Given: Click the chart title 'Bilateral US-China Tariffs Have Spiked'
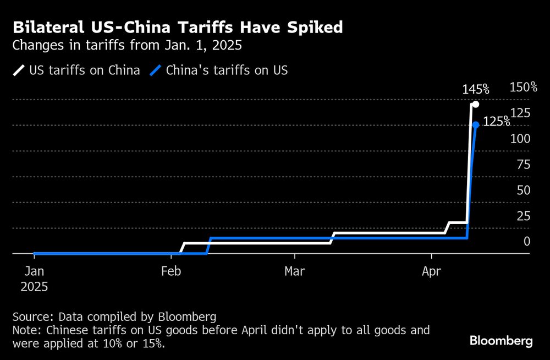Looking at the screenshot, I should coord(179,27).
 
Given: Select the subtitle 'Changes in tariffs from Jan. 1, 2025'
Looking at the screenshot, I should coord(127,46).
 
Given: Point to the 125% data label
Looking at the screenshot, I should coord(496,122).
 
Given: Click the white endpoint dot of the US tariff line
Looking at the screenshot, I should coord(476,105).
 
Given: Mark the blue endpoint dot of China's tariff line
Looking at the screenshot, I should coord(476,125).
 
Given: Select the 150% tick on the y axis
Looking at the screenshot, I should coord(523,88).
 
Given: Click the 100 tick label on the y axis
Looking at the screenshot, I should coord(520,139).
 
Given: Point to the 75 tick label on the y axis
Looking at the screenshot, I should coord(523,164).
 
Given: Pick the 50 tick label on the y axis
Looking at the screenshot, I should coord(523,190).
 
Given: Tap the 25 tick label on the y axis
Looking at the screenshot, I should coord(523,216).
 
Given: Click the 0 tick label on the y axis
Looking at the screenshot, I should coord(527,241).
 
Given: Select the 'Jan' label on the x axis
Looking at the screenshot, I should coord(34,271).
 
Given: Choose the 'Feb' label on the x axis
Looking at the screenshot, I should coord(171,271).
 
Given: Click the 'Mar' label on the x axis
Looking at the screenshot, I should coord(295,271).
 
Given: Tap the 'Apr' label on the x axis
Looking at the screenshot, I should coord(432,271).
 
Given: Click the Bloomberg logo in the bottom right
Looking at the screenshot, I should coord(501,341).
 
